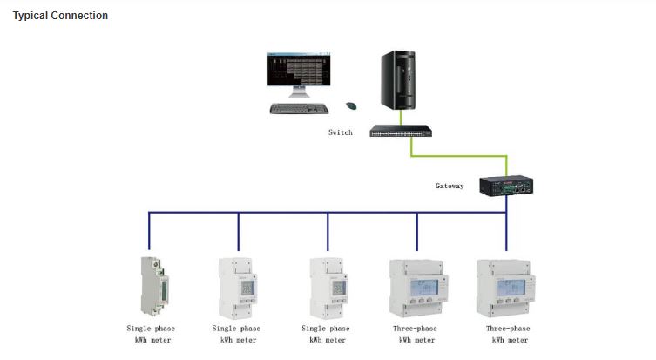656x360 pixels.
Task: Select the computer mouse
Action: pyautogui.click(x=352, y=105)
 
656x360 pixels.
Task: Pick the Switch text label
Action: pyautogui.click(x=341, y=132)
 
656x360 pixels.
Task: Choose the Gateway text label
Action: pyautogui.click(x=450, y=186)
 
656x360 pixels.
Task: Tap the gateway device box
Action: pyautogui.click(x=507, y=185)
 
